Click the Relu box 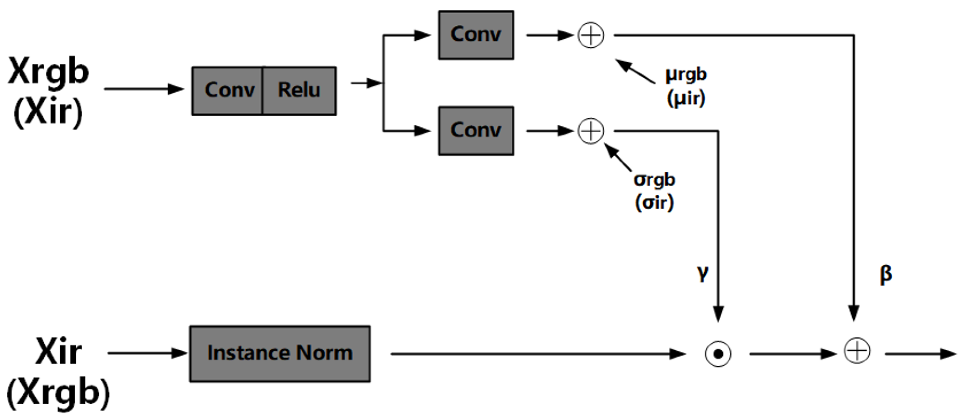click(x=299, y=91)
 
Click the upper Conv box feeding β click(x=476, y=35)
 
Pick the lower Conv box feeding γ click(x=476, y=130)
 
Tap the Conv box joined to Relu click(x=227, y=91)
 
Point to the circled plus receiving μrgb click(x=590, y=35)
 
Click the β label click(x=886, y=274)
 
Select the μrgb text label click(x=686, y=74)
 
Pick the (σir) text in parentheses click(x=654, y=203)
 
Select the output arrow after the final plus click(x=920, y=354)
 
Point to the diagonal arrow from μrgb click(x=634, y=71)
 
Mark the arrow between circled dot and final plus click(x=793, y=354)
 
